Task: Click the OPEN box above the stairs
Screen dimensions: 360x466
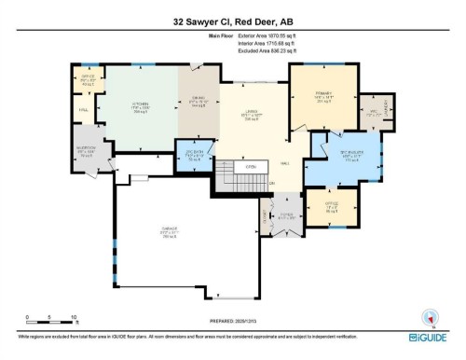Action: (251, 167)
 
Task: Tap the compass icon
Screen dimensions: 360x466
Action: (431, 315)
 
